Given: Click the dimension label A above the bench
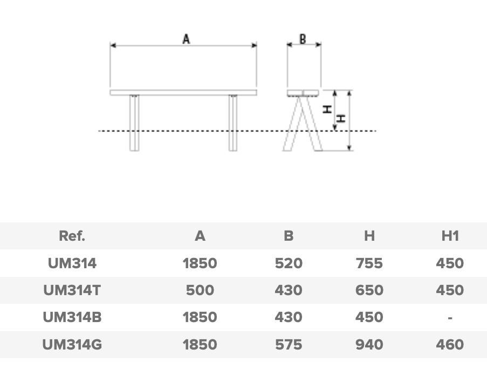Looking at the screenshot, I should [186, 39].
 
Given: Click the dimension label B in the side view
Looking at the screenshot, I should [303, 39].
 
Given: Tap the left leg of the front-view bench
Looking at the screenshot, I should [134, 123].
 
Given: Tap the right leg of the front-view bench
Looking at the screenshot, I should [232, 123].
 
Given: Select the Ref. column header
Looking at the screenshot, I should [72, 236].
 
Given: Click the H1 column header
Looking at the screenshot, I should [449, 236].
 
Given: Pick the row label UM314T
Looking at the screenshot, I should [72, 290].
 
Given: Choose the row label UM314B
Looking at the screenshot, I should [72, 317].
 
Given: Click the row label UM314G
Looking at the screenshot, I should [72, 344].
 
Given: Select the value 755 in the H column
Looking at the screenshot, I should [369, 263].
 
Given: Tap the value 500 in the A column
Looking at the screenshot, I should [200, 290].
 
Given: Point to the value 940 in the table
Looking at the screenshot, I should [369, 344].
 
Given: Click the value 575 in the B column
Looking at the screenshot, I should [288, 344].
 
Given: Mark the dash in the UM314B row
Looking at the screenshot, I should [449, 318].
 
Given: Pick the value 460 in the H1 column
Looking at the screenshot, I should [449, 344].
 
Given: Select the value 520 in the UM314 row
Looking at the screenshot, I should [288, 263].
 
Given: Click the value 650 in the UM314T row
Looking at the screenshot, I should [369, 290].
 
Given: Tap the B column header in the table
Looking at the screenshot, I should [288, 236].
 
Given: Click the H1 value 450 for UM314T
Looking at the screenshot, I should [449, 290].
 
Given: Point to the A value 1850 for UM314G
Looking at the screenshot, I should [200, 344].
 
